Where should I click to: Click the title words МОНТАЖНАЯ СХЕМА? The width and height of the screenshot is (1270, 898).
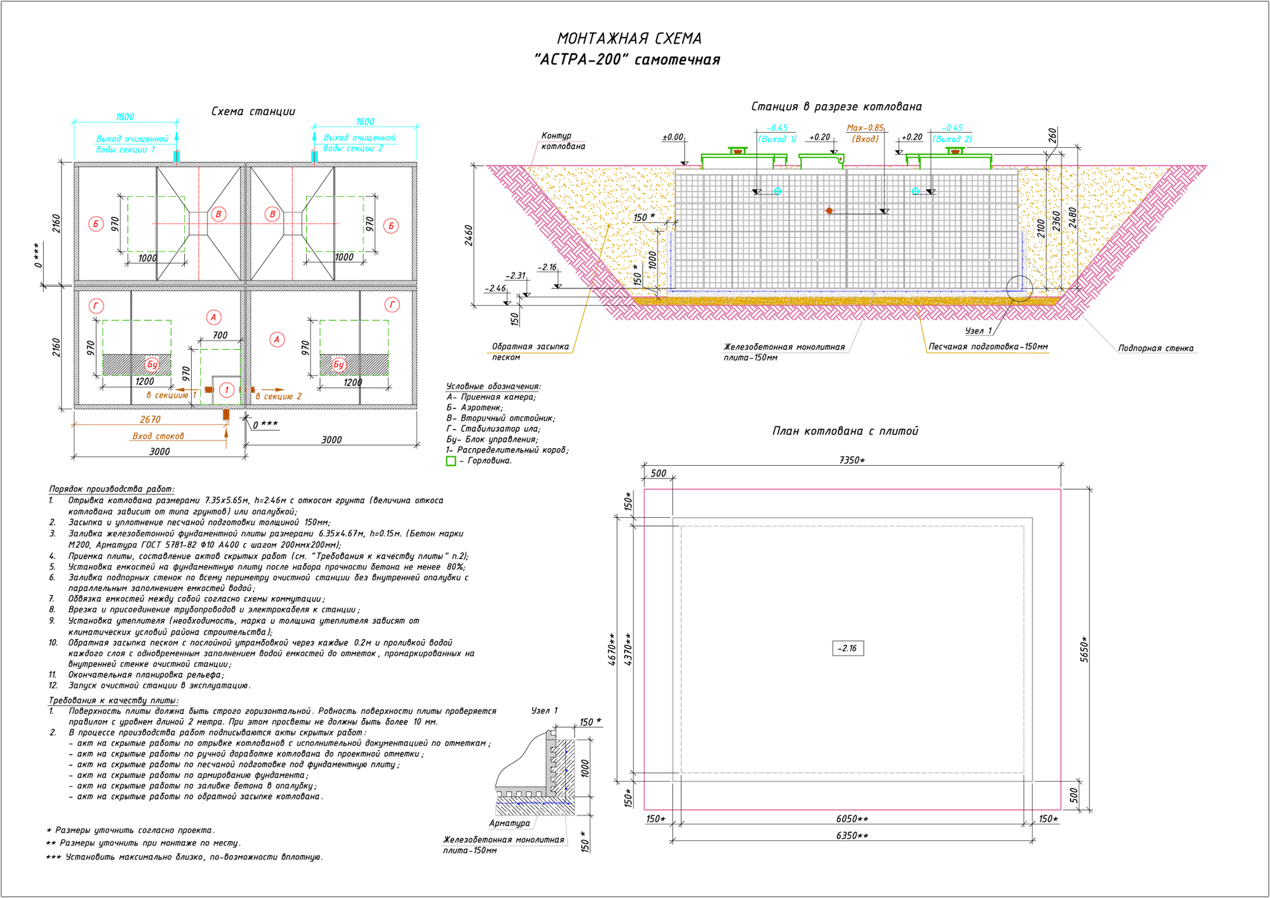[x=629, y=39]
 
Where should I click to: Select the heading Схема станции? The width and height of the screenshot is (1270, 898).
[x=253, y=112]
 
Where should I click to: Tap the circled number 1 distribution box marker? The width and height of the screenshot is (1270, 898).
[x=227, y=390]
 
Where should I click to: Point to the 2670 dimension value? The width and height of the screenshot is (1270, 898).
[x=150, y=419]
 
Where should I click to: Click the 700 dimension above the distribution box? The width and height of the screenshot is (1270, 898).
[x=220, y=335]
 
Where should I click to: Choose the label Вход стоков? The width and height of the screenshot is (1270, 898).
[x=158, y=436]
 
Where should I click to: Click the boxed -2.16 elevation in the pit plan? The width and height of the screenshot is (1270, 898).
[x=848, y=648]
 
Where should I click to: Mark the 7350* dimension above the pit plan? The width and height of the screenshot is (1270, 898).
[x=852, y=460]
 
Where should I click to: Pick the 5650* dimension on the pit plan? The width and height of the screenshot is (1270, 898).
[x=1085, y=649]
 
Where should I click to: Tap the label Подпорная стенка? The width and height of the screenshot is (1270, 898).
[x=1156, y=348]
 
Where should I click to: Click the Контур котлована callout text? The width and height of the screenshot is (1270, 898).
[x=563, y=141]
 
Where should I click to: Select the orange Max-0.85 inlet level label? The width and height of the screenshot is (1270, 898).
[x=865, y=128]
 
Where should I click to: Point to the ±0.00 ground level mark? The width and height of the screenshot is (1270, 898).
[x=673, y=137]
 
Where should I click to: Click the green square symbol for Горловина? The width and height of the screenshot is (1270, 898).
[x=451, y=461]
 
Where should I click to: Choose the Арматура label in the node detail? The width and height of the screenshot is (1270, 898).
[x=509, y=823]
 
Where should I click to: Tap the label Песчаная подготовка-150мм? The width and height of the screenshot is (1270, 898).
[x=988, y=347]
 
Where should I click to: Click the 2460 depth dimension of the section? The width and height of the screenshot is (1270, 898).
[x=469, y=235]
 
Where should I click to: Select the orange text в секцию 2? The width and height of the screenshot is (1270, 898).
[x=279, y=396]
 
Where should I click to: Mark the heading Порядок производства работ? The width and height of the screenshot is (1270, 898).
[x=112, y=489]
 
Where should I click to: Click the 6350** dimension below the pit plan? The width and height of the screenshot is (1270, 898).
[x=852, y=836]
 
